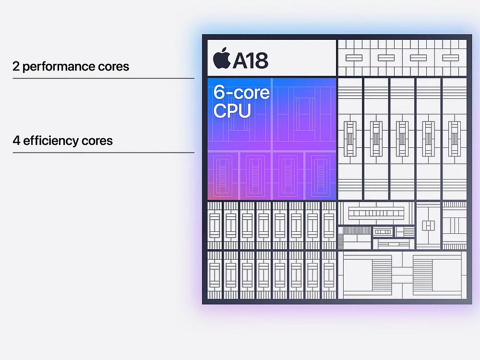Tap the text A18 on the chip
(251, 60)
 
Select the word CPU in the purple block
(232, 110)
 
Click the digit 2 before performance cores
(16, 66)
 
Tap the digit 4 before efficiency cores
(16, 141)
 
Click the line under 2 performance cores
(104, 78)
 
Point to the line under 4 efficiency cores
(104, 153)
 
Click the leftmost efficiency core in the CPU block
(223, 176)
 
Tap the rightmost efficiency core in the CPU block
(321, 176)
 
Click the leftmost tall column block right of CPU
(350, 139)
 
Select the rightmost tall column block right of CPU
(455, 139)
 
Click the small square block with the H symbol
(428, 225)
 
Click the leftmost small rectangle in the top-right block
(354, 58)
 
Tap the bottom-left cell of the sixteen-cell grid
(215, 275)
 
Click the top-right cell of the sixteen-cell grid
(329, 225)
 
